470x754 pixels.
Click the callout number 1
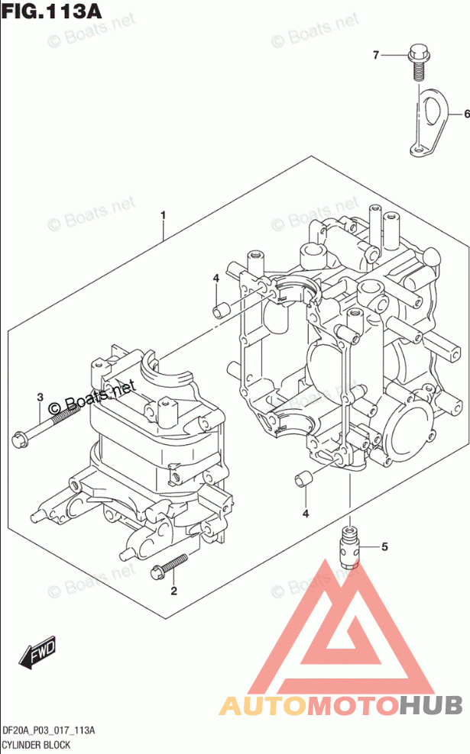coord(163,216)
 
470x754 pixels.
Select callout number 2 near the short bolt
coord(173,591)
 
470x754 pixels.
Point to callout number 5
coord(384,546)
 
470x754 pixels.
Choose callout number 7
coord(376,54)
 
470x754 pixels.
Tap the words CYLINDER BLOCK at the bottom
coord(36,744)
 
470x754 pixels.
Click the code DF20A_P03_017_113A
coord(49,730)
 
